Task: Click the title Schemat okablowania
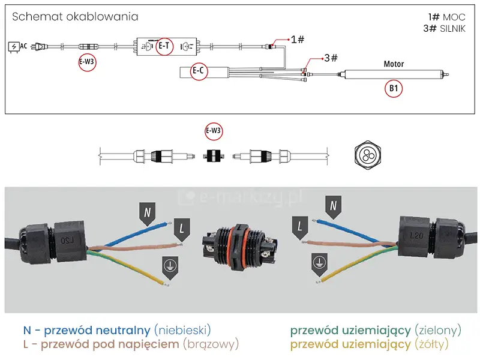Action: click(75, 17)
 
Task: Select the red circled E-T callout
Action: click(164, 46)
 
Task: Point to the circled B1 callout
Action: click(394, 89)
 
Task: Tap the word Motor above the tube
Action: click(394, 64)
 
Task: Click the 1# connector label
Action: click(298, 40)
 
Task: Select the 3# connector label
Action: click(330, 58)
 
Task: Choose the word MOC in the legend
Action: click(454, 17)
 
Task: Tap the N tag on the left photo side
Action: click(147, 212)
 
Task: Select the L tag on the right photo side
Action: click(300, 227)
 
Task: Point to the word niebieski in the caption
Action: click(183, 330)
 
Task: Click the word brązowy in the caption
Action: click(211, 344)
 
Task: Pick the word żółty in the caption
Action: click(431, 344)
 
